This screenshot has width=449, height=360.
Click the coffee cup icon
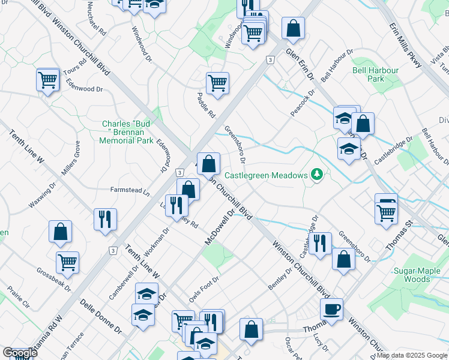[x=331, y=310]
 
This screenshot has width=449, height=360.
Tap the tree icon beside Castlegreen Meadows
[x=316, y=175]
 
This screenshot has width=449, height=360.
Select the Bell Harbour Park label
[x=376, y=74]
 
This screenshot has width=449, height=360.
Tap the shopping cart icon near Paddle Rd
[x=217, y=83]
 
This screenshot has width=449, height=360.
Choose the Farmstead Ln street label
[x=130, y=190]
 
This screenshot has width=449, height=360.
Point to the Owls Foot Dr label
[x=203, y=288]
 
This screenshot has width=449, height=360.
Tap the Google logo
[x=20, y=353]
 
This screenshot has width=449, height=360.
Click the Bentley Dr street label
[x=280, y=280]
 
